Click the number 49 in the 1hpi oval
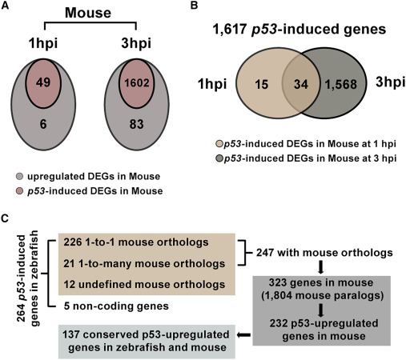click(x=43, y=82)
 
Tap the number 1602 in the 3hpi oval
click(x=137, y=82)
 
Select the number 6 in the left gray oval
click(x=43, y=124)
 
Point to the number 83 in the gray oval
click(x=137, y=124)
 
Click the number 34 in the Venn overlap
click(x=301, y=84)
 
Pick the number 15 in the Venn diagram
click(x=261, y=84)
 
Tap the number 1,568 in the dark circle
click(x=341, y=85)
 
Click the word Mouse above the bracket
click(x=88, y=13)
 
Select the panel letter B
click(x=194, y=6)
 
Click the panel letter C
click(x=5, y=218)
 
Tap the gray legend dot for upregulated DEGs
click(x=20, y=177)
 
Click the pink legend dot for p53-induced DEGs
click(x=20, y=191)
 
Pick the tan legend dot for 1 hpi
click(x=219, y=144)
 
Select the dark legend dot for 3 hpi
click(x=219, y=158)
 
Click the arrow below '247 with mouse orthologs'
click(x=321, y=267)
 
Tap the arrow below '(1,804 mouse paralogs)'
click(x=321, y=310)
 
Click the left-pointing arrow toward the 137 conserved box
click(x=243, y=335)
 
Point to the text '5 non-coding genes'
click(x=116, y=306)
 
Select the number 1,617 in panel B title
click(x=230, y=29)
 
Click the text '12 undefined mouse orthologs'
click(x=144, y=285)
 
